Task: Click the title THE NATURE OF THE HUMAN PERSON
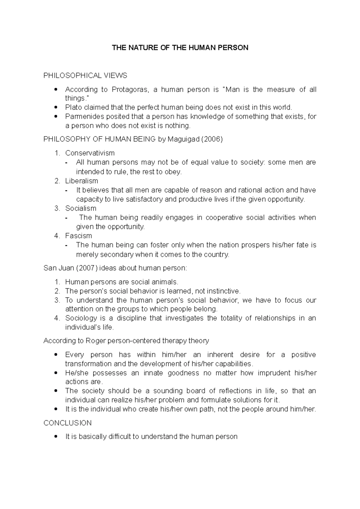click(x=180, y=48)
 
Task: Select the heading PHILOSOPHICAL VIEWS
click(x=85, y=76)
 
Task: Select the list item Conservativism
click(x=90, y=153)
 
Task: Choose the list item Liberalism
click(x=82, y=181)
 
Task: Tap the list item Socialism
click(x=81, y=208)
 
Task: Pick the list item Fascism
click(x=79, y=236)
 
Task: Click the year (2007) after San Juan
click(x=87, y=268)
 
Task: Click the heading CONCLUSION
click(x=67, y=423)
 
